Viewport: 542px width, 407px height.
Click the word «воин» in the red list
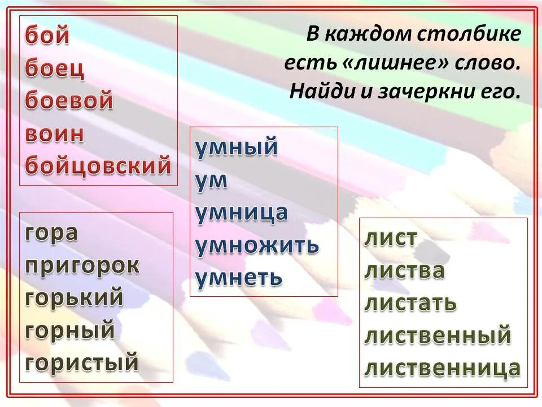click(x=55, y=135)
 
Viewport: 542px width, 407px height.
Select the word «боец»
click(x=55, y=70)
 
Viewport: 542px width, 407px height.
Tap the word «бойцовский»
click(x=98, y=166)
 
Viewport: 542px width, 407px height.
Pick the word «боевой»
click(x=69, y=101)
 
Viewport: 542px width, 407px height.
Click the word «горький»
click(x=74, y=298)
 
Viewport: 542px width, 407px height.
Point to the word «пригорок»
click(x=82, y=265)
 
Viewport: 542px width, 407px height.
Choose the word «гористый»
click(x=82, y=362)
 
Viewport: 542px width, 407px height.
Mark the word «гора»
click(x=51, y=232)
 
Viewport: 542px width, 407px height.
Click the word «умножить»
click(x=257, y=245)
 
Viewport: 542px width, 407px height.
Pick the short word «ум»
click(x=212, y=180)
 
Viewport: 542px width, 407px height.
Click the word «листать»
click(x=410, y=303)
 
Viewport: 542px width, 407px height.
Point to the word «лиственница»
click(x=442, y=368)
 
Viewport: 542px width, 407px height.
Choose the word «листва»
click(x=404, y=271)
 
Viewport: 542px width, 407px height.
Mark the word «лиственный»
click(x=438, y=335)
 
